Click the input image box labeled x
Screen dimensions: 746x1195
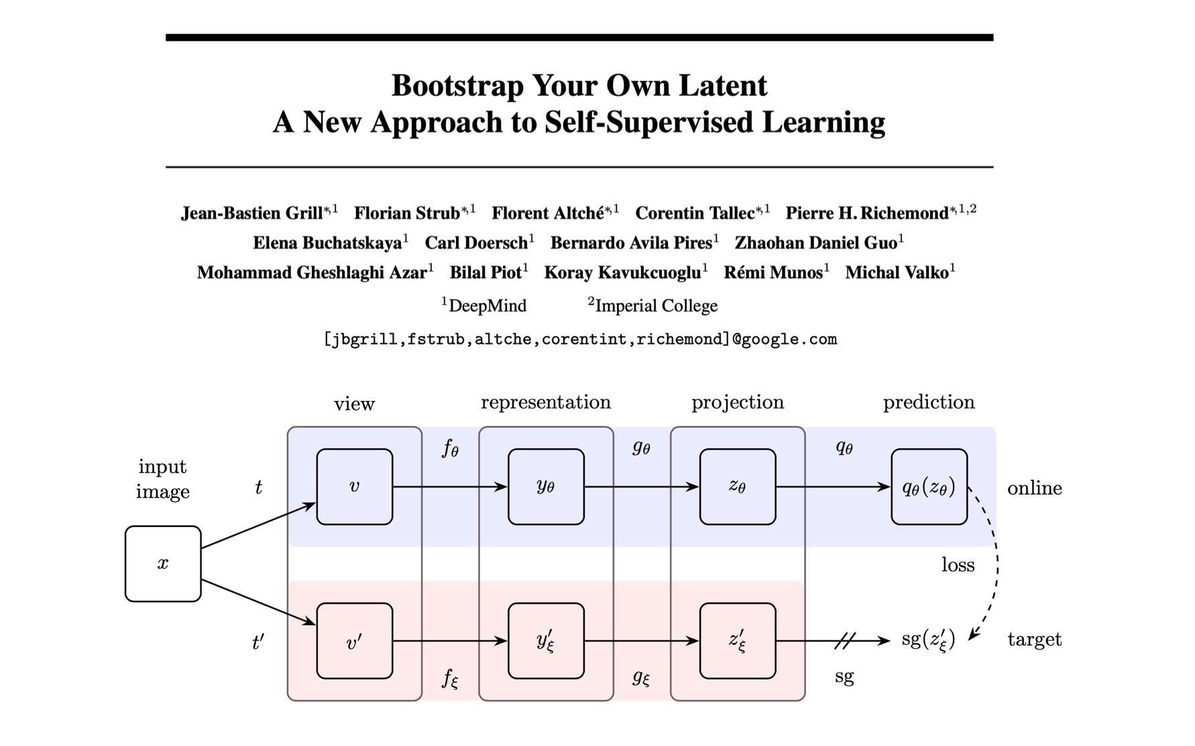point(163,563)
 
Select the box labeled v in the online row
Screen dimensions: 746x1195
point(354,487)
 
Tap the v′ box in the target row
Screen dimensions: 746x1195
point(354,641)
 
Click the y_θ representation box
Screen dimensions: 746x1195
point(546,487)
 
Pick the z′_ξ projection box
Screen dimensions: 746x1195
point(738,641)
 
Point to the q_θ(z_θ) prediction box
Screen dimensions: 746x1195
point(929,487)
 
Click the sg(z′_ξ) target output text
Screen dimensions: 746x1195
point(928,640)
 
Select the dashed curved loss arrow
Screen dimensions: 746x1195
point(996,563)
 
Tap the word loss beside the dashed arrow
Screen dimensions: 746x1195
point(958,565)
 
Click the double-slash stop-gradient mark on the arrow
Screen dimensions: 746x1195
point(845,641)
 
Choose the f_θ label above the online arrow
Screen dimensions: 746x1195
point(450,448)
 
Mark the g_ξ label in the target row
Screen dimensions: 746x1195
point(641,678)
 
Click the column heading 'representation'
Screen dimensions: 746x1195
point(546,402)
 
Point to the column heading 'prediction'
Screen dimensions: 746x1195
point(929,402)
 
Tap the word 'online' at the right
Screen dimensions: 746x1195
point(1034,488)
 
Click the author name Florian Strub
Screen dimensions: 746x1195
point(406,213)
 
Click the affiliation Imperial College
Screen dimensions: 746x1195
point(656,306)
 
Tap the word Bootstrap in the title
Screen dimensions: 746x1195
point(457,86)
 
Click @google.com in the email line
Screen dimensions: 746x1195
point(785,339)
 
